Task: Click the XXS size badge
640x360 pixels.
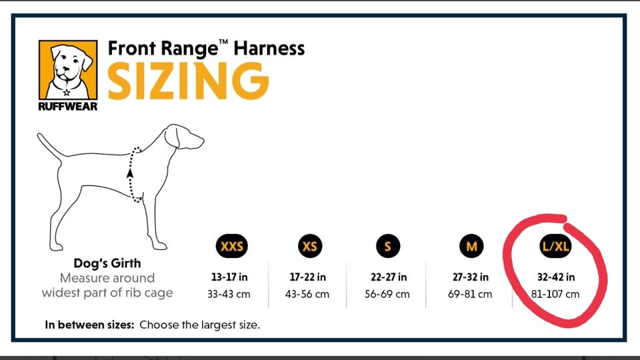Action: [233, 247]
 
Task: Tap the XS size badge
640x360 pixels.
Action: [310, 247]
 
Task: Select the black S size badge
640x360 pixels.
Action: [387, 247]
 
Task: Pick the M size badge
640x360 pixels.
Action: [471, 247]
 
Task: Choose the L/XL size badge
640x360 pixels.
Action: [555, 247]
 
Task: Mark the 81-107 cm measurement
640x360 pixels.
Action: [555, 294]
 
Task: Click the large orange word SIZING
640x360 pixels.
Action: [188, 81]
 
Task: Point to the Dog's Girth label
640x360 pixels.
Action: [107, 263]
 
